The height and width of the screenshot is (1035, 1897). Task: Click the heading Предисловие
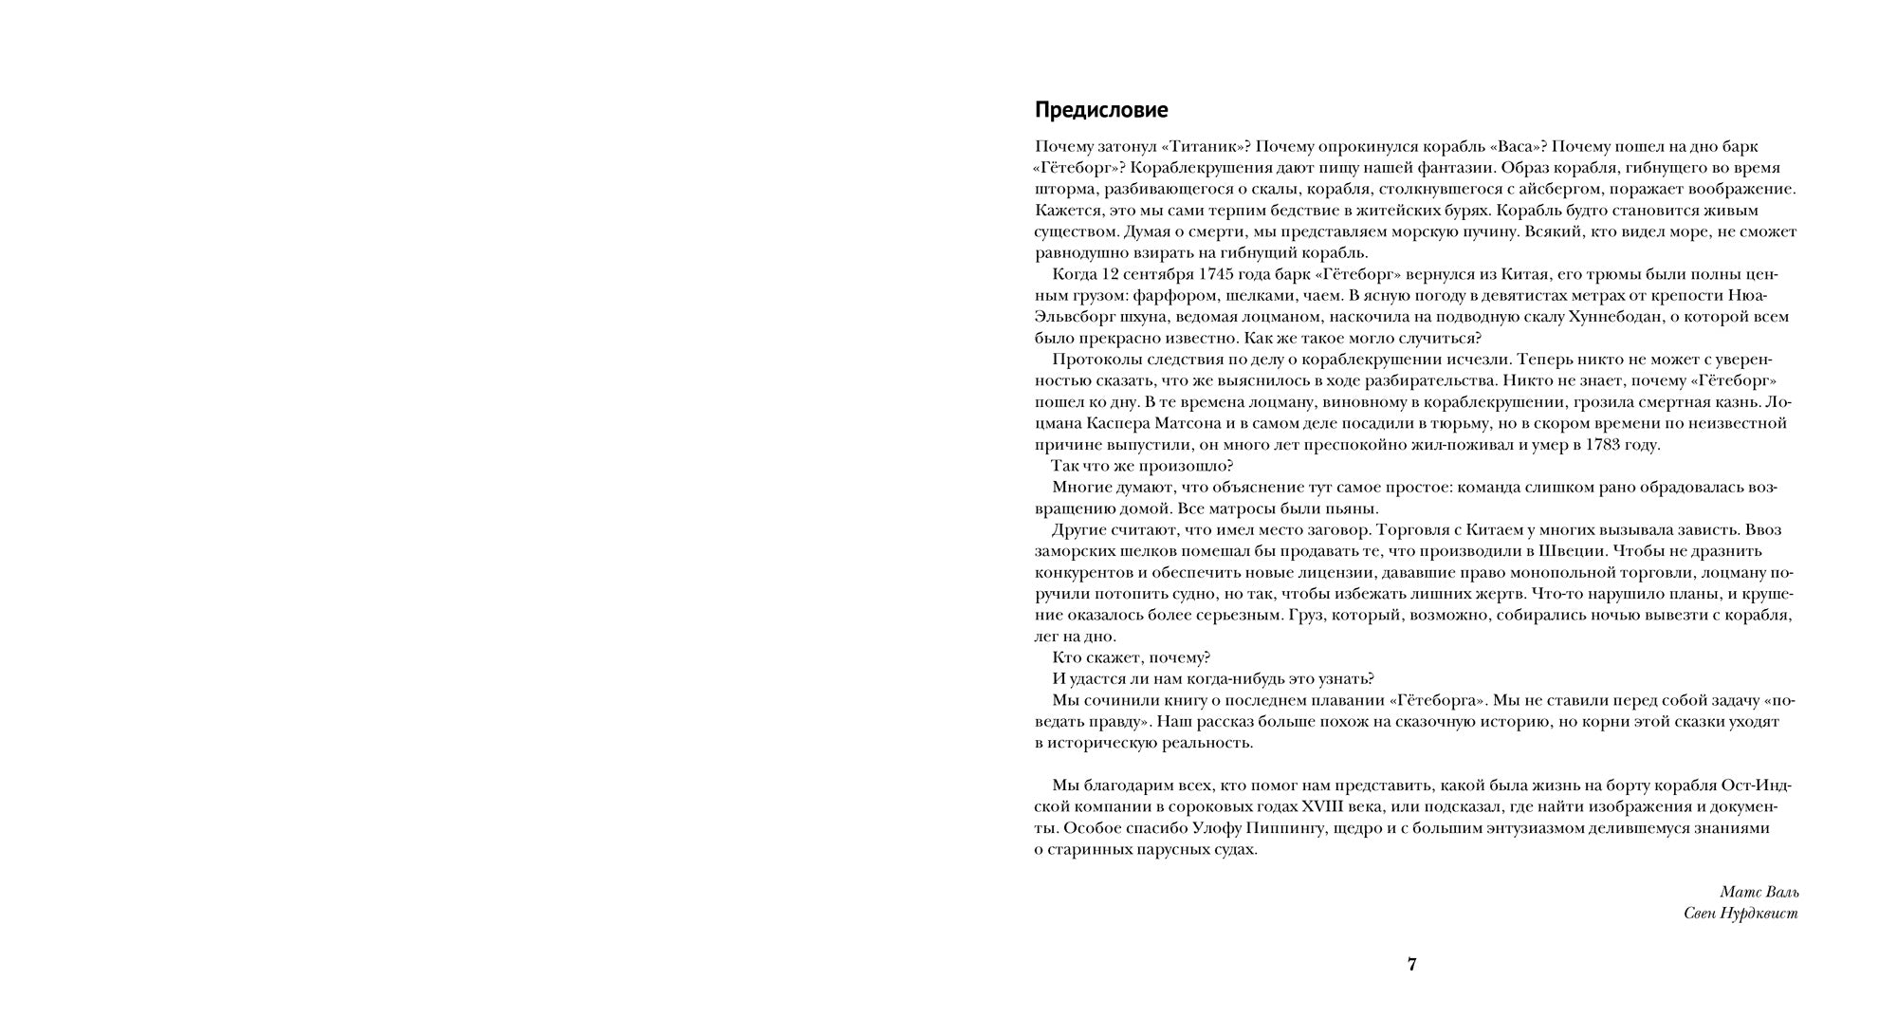pos(1100,110)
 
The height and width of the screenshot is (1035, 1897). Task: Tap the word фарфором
pos(1196,295)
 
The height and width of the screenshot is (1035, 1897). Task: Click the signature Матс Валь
pos(1759,892)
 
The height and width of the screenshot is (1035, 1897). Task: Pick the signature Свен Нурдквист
pos(1740,914)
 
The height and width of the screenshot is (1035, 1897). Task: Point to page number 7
pos(1411,965)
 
